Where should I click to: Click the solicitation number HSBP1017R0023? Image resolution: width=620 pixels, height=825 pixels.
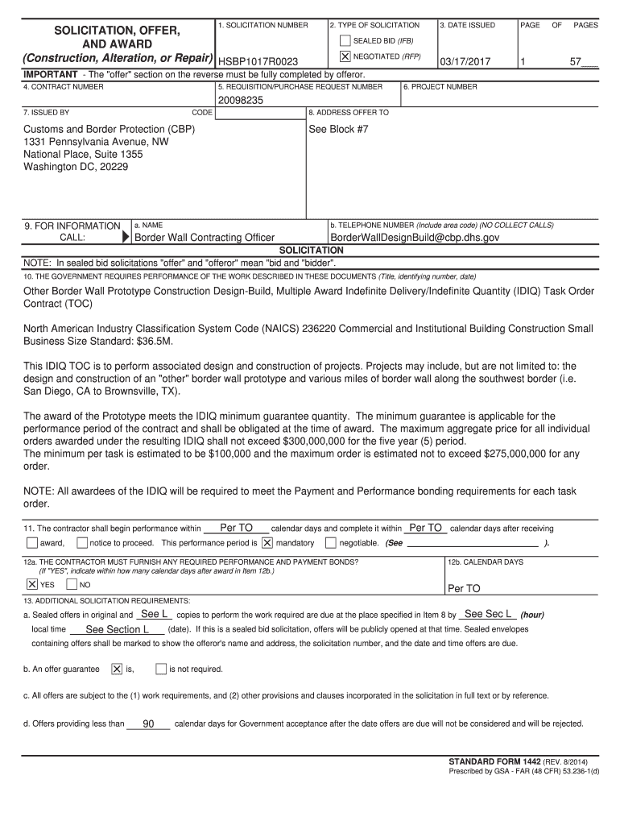(258, 62)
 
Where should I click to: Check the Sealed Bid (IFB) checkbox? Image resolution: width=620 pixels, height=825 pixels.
(345, 40)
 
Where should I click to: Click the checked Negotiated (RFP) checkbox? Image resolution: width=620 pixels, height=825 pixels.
(345, 56)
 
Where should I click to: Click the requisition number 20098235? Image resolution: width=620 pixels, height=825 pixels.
(241, 101)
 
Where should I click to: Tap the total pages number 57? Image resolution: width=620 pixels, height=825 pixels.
(576, 62)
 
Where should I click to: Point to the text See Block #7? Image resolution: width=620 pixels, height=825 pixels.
(339, 129)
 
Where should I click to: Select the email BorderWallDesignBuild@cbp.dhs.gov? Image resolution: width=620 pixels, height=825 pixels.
(415, 238)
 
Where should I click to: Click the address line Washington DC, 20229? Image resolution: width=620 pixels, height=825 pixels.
(76, 167)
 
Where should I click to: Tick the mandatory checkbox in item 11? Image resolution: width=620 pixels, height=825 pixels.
(267, 543)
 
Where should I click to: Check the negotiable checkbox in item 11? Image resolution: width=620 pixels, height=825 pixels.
(330, 543)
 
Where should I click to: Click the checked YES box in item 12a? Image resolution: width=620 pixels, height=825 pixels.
(31, 584)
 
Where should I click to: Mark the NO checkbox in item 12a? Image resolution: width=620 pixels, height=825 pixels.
(72, 584)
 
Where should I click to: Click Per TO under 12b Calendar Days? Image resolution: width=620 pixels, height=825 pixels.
(464, 589)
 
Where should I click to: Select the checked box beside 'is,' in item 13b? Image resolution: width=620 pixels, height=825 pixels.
(117, 669)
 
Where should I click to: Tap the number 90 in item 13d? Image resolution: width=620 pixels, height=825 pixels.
(148, 723)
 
